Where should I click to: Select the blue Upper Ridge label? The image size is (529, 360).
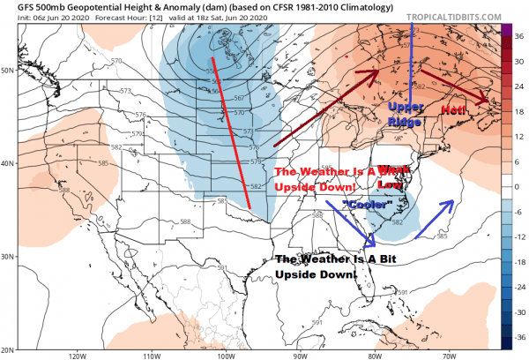(406, 113)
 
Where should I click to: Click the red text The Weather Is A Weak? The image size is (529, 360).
(331, 173)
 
